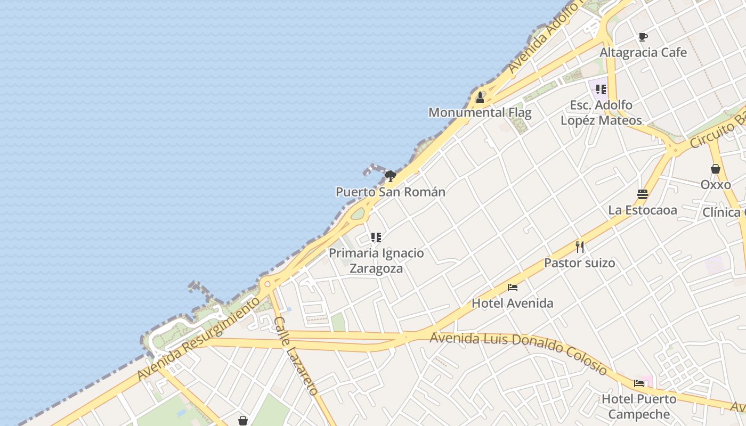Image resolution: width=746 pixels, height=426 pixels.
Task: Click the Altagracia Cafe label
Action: click(x=643, y=53)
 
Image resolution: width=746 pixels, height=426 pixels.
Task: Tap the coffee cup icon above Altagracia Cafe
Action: click(x=643, y=37)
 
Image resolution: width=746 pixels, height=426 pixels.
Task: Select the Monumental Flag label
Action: click(x=480, y=113)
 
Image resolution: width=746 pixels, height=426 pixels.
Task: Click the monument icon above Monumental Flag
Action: click(x=480, y=97)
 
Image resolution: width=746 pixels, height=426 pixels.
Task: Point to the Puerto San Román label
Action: click(x=391, y=192)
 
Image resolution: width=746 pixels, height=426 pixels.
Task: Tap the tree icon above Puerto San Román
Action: click(x=391, y=176)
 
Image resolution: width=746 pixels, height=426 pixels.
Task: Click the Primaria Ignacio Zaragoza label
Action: click(x=376, y=260)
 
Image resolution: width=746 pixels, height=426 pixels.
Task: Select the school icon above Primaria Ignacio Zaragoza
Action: click(x=376, y=237)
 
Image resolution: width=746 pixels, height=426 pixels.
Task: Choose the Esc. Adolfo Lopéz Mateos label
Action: click(x=601, y=113)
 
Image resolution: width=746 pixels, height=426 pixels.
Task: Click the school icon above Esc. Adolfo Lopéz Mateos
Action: click(x=601, y=89)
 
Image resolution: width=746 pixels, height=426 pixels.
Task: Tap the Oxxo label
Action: click(x=716, y=185)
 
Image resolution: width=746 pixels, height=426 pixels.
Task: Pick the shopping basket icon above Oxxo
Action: click(x=716, y=169)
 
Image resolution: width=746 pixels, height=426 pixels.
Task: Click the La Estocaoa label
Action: click(x=643, y=210)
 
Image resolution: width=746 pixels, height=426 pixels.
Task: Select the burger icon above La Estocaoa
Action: click(x=643, y=194)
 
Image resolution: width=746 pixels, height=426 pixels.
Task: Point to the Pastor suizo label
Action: click(x=580, y=263)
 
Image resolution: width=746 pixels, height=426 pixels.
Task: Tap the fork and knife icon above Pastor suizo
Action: click(x=580, y=247)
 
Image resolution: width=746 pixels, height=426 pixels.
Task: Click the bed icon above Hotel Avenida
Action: click(x=513, y=288)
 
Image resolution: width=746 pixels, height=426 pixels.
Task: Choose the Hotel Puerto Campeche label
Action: click(x=639, y=406)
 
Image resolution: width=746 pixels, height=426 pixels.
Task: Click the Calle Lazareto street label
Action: click(x=296, y=356)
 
